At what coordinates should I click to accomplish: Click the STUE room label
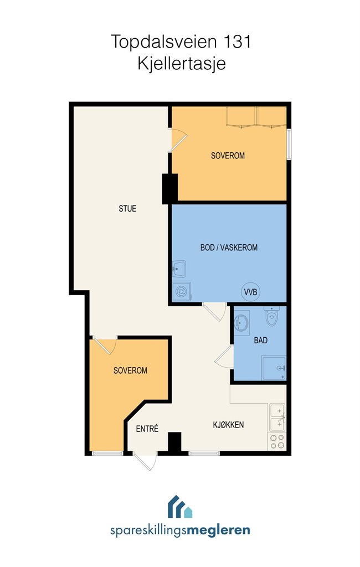point(127,209)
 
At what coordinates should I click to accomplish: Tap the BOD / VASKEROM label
point(229,248)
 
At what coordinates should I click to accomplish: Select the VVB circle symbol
point(250,292)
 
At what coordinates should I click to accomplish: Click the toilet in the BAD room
point(271,316)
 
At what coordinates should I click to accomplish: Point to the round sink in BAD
point(241,321)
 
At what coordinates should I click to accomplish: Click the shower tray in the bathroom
point(274,368)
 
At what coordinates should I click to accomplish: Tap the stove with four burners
point(277,441)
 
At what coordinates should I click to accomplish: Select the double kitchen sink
point(277,417)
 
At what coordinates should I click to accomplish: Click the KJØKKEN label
point(228,425)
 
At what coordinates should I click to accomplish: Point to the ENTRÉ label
point(147,429)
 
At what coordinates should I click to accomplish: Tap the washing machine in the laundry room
point(181,291)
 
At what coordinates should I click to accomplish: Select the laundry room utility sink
point(179,269)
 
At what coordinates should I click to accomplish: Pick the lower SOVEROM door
point(105,346)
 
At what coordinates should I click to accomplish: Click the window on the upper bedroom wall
point(289,144)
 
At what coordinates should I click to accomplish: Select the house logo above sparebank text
point(180,507)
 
